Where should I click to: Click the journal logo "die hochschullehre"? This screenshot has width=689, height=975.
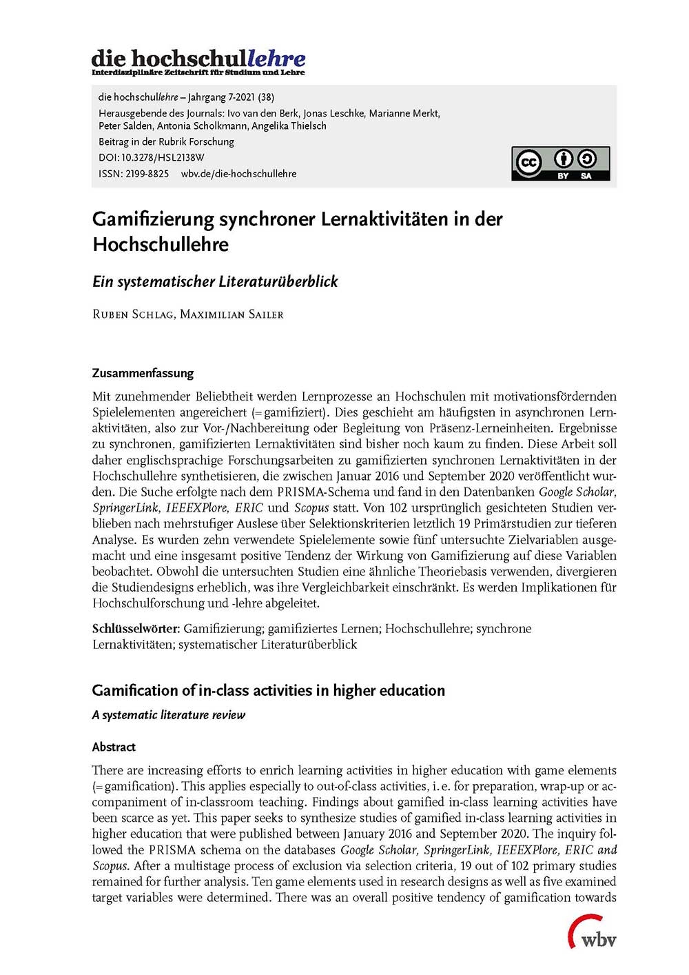[198, 61]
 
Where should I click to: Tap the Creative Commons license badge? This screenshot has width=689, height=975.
[560, 163]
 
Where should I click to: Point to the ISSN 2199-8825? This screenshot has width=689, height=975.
[147, 174]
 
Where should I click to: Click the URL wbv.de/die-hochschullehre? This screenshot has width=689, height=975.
[238, 174]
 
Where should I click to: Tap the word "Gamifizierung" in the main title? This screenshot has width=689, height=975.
[154, 219]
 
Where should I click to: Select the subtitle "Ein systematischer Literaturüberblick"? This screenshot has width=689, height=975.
[215, 281]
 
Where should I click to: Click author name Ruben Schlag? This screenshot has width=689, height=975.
[132, 314]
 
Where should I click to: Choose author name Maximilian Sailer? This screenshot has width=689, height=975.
[232, 314]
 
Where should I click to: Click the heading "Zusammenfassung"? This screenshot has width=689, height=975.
[143, 373]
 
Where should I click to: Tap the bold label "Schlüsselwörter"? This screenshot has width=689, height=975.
[136, 628]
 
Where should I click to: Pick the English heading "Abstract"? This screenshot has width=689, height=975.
[114, 747]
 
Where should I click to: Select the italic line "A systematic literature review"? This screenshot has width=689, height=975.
[168, 715]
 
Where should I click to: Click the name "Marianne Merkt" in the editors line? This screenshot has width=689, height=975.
[404, 113]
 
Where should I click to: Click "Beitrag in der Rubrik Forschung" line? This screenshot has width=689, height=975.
[166, 141]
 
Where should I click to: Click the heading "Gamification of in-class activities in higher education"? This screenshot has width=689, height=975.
[268, 690]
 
